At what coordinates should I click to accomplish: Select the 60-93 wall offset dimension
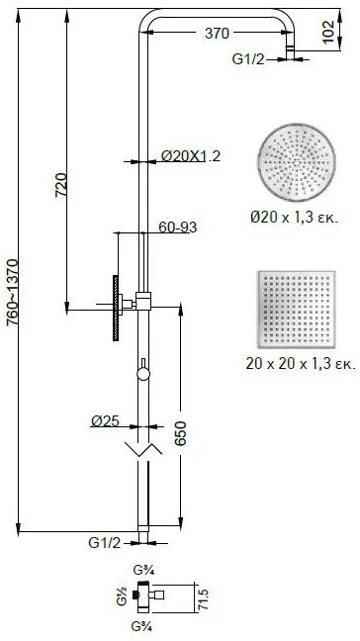[177, 228]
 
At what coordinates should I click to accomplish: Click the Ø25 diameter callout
[105, 394]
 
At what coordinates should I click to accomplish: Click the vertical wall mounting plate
[116, 306]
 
